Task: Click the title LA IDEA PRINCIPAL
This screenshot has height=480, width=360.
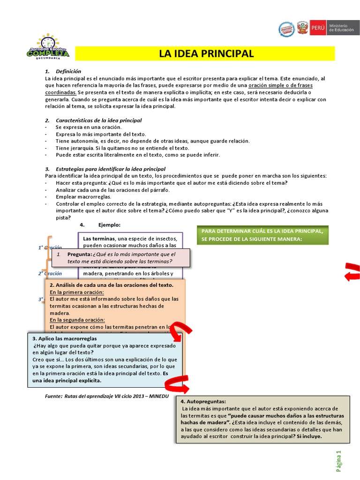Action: pyautogui.click(x=206, y=53)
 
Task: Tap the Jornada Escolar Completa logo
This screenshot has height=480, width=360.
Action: pyautogui.click(x=48, y=48)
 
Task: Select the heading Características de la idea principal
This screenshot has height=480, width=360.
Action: pyautogui.click(x=98, y=120)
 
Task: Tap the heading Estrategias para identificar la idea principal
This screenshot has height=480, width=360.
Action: pyautogui.click(x=110, y=169)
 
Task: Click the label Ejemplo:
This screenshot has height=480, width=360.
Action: pyautogui.click(x=109, y=225)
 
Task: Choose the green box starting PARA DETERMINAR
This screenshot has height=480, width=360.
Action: pyautogui.click(x=263, y=235)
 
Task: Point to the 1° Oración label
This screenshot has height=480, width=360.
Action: pyautogui.click(x=50, y=247)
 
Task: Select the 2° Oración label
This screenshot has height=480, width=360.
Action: pyautogui.click(x=50, y=273)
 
